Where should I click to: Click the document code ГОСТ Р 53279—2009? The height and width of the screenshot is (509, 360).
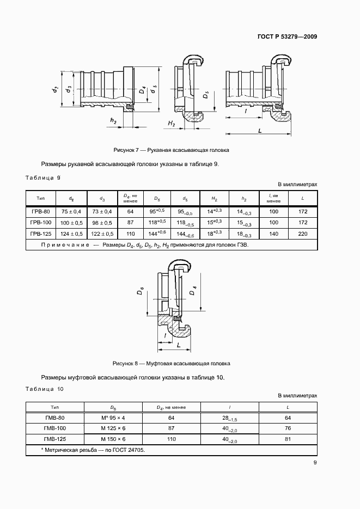[x=287, y=37]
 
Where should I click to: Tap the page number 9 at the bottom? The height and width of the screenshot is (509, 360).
[x=315, y=463]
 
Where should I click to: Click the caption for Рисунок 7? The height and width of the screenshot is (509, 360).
[x=172, y=149]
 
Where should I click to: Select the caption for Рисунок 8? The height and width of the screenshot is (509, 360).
[x=172, y=363]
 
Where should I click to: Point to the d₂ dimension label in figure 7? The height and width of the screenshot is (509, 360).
[x=55, y=89]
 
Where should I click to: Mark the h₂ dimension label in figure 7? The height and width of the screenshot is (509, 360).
[x=113, y=120]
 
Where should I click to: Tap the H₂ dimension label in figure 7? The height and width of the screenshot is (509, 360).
[x=171, y=125]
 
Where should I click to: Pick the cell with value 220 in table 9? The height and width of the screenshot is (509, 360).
[x=303, y=234]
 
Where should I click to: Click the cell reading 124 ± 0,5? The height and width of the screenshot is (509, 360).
[x=71, y=234]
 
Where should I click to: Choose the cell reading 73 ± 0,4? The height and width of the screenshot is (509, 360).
[x=102, y=211]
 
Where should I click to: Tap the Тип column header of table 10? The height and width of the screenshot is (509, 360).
[x=54, y=407]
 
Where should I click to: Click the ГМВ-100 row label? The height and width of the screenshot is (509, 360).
[x=54, y=428]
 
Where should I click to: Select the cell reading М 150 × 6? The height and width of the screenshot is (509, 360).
[x=113, y=439]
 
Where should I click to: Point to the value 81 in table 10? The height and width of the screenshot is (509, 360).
[x=288, y=439]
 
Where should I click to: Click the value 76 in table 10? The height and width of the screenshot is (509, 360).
[x=288, y=428]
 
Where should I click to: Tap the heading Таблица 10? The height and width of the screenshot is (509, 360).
[x=45, y=389]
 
